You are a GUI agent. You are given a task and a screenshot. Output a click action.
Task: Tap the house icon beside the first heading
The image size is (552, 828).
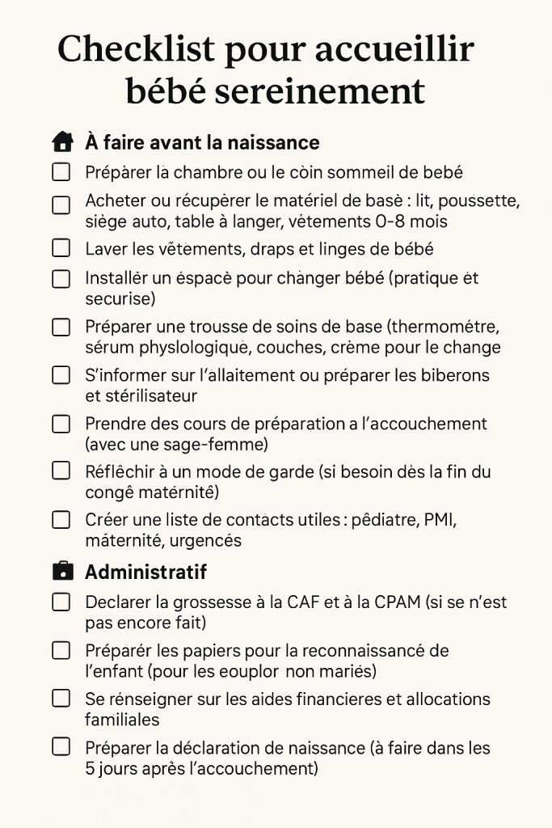click(x=62, y=143)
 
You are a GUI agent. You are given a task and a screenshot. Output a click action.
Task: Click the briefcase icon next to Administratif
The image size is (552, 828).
click(x=62, y=572)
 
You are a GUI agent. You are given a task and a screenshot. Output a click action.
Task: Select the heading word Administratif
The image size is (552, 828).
click(x=145, y=572)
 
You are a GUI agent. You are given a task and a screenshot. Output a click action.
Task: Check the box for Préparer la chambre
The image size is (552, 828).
click(x=61, y=172)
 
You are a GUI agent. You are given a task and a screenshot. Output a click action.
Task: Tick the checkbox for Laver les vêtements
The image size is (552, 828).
click(x=61, y=249)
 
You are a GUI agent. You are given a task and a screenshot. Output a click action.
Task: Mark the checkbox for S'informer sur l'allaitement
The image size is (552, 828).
click(x=61, y=375)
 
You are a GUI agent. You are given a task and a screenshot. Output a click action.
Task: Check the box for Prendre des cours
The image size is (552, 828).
click(x=61, y=424)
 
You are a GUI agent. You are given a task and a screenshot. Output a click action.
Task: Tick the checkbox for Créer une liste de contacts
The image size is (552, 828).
click(x=61, y=520)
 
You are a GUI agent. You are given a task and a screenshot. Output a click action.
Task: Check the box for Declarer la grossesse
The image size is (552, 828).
click(x=61, y=602)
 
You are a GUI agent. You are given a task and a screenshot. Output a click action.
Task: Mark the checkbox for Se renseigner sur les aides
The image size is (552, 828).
click(x=61, y=699)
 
